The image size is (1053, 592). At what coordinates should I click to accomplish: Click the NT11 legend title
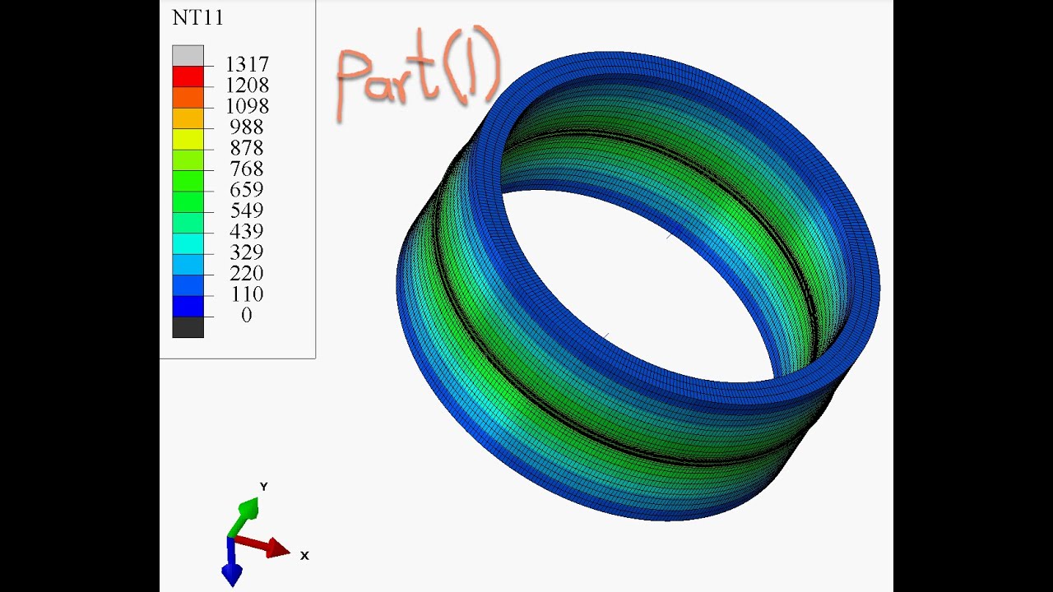click(x=197, y=18)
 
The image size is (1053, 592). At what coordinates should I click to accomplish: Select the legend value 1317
click(x=247, y=64)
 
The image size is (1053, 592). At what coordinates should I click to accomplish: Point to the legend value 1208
click(x=247, y=86)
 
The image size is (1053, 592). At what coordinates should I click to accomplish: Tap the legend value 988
click(x=247, y=127)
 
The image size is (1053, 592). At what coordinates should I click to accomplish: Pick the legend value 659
click(x=247, y=190)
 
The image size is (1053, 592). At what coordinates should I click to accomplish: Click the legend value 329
click(x=247, y=252)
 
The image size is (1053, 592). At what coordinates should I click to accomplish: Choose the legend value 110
click(x=247, y=294)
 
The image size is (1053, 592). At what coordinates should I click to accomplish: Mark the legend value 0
click(x=247, y=315)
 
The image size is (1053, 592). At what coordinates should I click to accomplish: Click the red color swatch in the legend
click(x=188, y=76)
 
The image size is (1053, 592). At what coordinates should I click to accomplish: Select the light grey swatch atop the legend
click(x=188, y=55)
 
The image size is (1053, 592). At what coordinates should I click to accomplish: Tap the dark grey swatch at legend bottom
click(x=188, y=327)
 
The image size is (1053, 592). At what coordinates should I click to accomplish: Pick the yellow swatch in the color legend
click(x=188, y=139)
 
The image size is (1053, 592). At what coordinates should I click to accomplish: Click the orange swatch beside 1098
click(x=188, y=97)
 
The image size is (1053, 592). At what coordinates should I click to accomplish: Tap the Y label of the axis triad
click(x=264, y=487)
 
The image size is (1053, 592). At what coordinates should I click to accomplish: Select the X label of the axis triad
click(x=304, y=556)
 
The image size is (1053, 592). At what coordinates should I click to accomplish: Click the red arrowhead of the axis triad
click(x=278, y=548)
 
